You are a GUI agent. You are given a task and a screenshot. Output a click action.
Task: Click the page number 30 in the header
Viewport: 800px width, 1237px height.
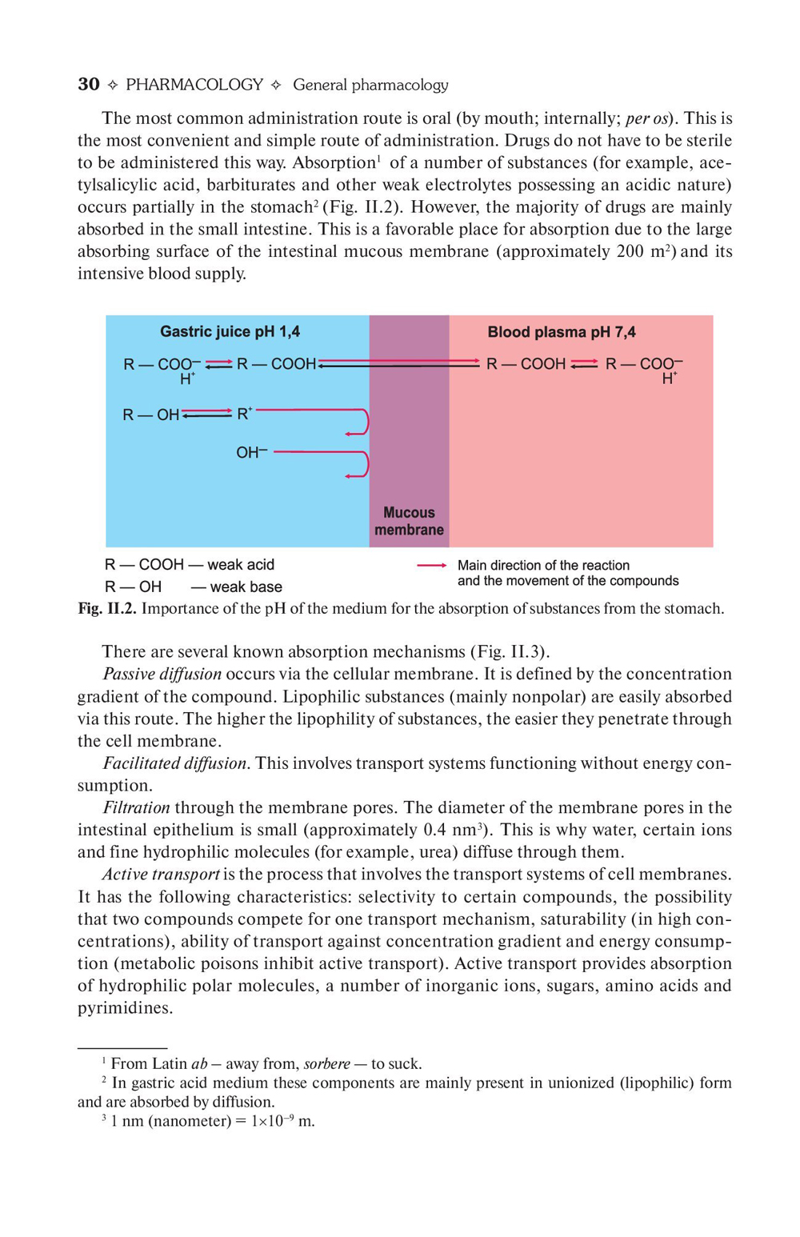point(89,85)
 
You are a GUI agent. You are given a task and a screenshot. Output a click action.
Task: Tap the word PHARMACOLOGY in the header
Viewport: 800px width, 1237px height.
point(194,85)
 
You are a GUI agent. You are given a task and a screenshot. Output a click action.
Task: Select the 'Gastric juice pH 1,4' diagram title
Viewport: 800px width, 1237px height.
point(230,331)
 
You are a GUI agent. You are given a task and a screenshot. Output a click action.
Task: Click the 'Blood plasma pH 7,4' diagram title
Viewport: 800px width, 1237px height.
point(562,332)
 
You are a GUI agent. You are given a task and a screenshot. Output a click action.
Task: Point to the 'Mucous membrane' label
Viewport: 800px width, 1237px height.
point(409,521)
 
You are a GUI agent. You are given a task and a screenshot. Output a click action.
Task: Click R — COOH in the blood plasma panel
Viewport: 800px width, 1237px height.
point(526,364)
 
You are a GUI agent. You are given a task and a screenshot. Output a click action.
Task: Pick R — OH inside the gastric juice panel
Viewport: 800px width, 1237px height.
point(150,414)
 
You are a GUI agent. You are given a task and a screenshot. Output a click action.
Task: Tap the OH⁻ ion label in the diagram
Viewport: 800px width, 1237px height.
point(251,453)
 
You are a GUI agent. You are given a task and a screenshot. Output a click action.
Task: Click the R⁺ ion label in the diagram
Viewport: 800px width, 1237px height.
point(244,414)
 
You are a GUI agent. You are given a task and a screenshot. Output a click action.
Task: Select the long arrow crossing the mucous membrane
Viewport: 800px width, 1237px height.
point(400,363)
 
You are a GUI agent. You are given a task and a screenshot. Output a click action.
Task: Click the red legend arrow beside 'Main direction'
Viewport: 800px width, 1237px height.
point(431,566)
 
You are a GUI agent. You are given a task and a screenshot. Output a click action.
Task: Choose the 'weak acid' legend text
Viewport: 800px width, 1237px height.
point(241,565)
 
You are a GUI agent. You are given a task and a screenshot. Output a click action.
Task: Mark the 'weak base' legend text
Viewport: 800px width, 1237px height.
point(246,587)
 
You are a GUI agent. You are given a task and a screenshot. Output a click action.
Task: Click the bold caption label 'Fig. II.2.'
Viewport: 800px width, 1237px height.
point(107,609)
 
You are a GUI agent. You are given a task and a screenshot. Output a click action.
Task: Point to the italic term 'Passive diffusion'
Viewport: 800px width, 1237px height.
point(162,674)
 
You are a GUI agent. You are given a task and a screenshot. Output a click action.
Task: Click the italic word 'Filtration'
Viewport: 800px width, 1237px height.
point(137,807)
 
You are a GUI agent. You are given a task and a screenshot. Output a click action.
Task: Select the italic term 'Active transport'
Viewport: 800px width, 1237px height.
point(161,875)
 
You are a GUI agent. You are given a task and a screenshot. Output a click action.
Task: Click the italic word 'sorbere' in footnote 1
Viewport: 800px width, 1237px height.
point(326,1064)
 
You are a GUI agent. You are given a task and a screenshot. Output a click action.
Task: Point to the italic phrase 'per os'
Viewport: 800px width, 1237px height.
point(647,118)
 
